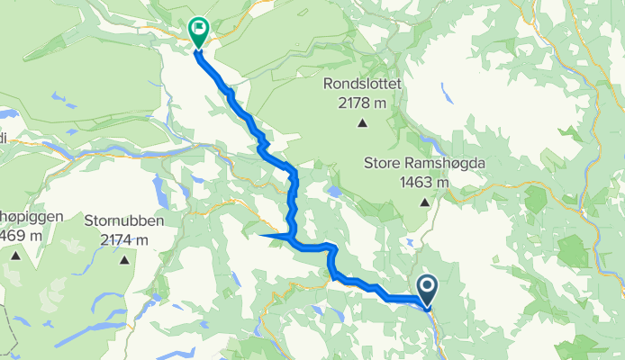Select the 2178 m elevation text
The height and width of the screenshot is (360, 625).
362,103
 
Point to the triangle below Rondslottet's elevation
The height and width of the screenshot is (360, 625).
362,124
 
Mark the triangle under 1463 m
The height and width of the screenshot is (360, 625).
423,202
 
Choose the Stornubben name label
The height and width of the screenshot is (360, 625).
122,220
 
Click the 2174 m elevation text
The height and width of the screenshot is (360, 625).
123,238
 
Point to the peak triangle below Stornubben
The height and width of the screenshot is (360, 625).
123,260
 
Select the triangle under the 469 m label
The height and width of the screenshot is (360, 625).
15,256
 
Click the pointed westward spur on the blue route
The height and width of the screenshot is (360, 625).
264,236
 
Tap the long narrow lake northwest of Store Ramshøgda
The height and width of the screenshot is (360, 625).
430,145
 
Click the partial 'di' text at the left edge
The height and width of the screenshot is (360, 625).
4,138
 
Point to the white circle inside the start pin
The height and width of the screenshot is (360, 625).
426,286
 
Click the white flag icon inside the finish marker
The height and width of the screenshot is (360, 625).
197,27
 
